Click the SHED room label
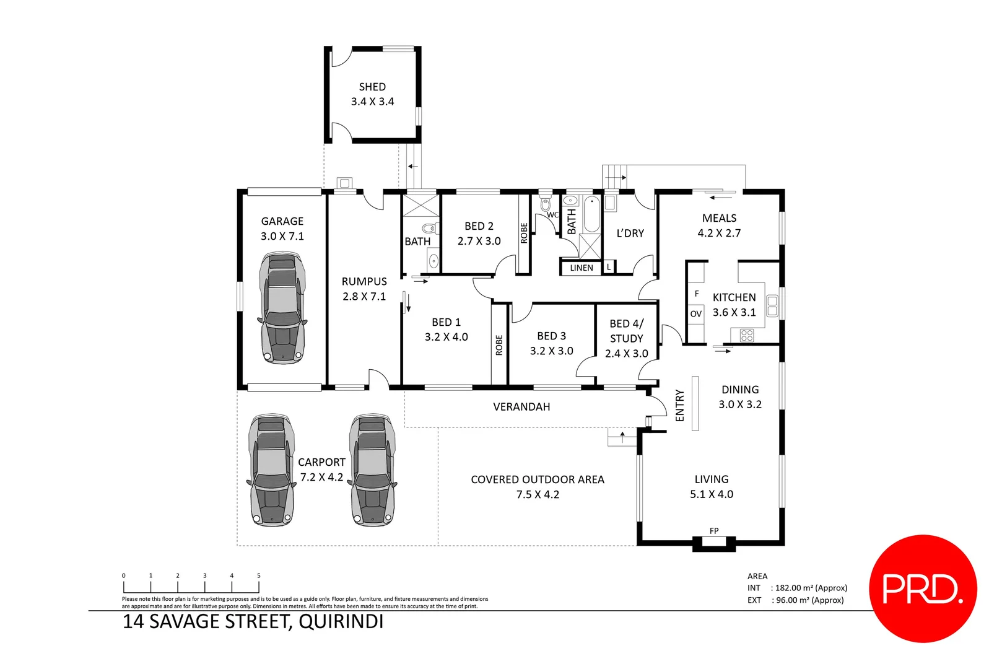(372, 87)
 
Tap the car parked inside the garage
(282, 307)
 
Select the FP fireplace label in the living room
(714, 531)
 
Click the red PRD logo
(923, 588)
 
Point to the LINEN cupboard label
(582, 268)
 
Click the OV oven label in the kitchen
(696, 314)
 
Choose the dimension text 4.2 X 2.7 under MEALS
(719, 234)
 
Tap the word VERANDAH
(521, 407)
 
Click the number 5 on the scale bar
(259, 575)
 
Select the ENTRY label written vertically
(680, 406)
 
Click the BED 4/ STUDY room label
(627, 331)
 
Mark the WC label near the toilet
(552, 215)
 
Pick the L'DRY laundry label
(630, 234)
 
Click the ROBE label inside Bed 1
(499, 345)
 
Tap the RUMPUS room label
(364, 282)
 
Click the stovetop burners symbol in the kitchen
(747, 336)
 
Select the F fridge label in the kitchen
(697, 294)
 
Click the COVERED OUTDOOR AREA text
(537, 479)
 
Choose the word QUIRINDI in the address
(341, 621)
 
